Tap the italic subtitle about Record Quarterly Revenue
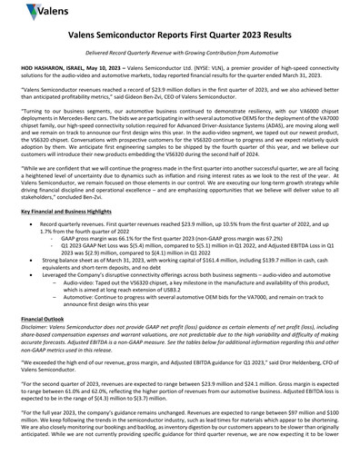pyautogui.click(x=179, y=62)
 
